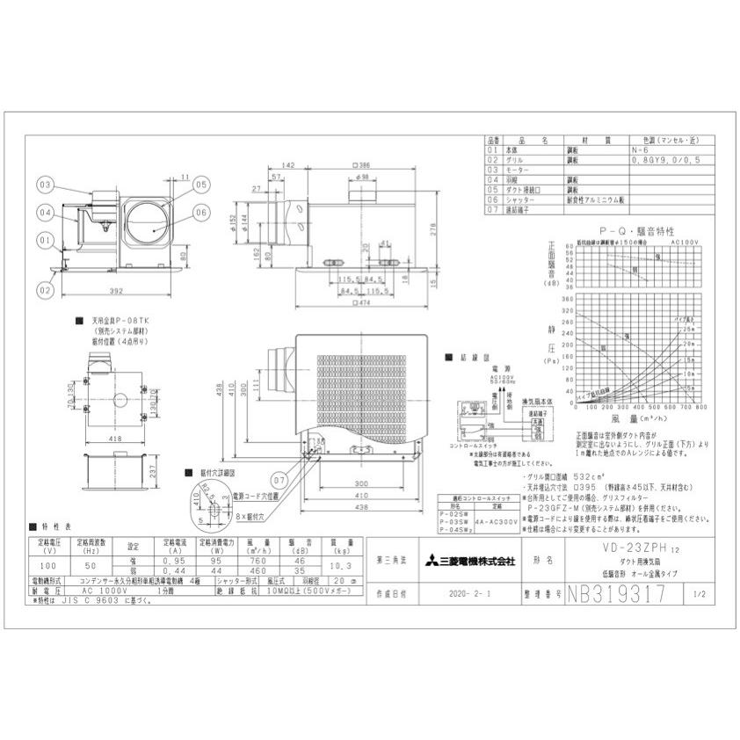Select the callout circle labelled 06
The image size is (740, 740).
201,211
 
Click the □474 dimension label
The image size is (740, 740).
359,303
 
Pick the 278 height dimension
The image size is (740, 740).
456,229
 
